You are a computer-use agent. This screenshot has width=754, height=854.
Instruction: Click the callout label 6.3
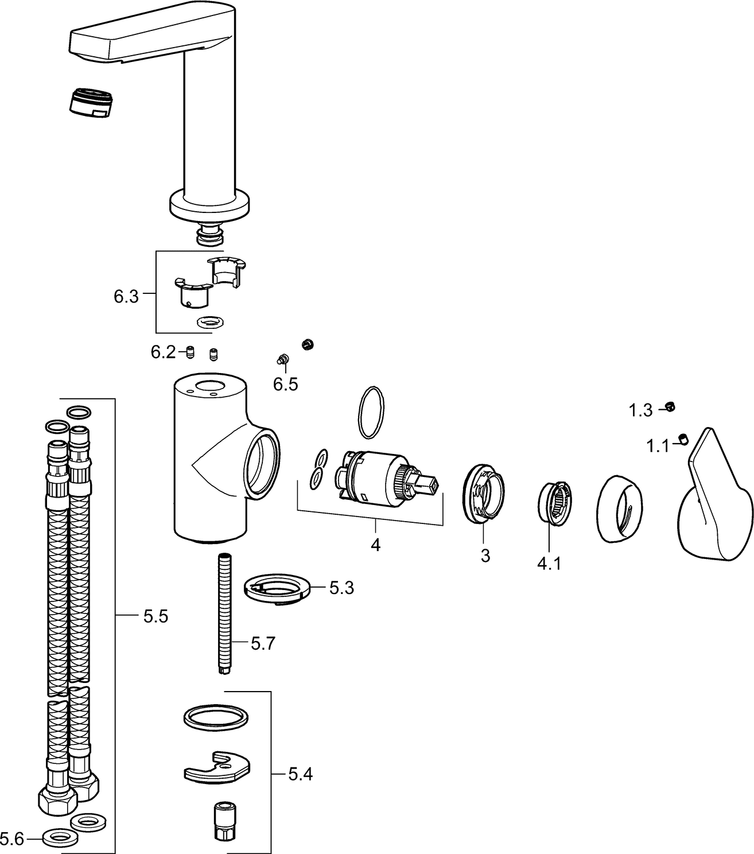(x=126, y=297)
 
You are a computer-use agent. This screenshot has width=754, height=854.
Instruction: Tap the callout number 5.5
(x=156, y=617)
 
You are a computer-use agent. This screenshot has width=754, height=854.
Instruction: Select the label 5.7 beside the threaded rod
(x=263, y=643)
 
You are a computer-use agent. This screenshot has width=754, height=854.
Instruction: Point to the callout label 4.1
(x=549, y=564)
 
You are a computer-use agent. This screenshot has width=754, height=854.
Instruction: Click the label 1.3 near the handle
(x=640, y=410)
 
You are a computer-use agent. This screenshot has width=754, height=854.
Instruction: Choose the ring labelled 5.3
(x=278, y=589)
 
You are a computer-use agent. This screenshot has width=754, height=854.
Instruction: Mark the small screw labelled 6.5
(x=282, y=359)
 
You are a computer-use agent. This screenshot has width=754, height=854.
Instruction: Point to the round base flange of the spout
(x=210, y=205)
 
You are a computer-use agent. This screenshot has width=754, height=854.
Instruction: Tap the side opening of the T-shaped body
(x=264, y=462)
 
